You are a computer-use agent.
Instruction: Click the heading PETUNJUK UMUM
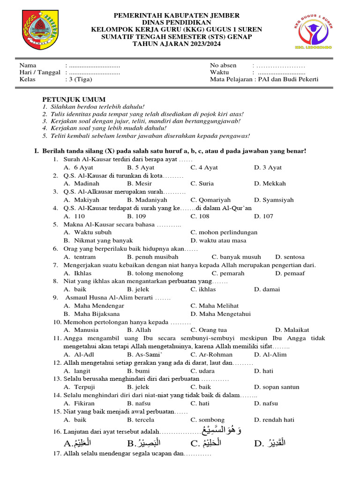(74, 99)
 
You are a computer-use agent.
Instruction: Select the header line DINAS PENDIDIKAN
(177, 22)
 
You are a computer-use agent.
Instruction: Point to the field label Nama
(28, 65)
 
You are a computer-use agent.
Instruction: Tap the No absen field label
(223, 65)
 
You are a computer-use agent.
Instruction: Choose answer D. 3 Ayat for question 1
(268, 167)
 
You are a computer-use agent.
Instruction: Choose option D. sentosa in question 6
(290, 257)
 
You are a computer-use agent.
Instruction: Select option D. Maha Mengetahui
(220, 314)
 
